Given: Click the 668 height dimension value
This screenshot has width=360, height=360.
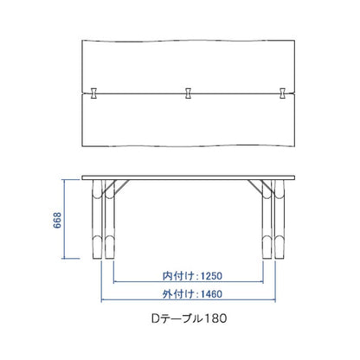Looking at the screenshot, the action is click(57, 220).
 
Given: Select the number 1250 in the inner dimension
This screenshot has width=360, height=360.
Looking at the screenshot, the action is click(211, 276).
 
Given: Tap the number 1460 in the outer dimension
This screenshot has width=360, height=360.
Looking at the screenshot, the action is click(211, 294).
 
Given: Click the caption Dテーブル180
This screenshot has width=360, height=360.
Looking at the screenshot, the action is click(189, 318).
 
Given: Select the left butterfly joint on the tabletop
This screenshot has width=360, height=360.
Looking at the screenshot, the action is click(93, 93).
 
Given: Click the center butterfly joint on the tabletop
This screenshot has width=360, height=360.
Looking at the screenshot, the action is click(188, 93).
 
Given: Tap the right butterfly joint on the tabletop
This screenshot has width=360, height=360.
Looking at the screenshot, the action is click(283, 93).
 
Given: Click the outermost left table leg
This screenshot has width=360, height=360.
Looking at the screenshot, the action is click(97, 219).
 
